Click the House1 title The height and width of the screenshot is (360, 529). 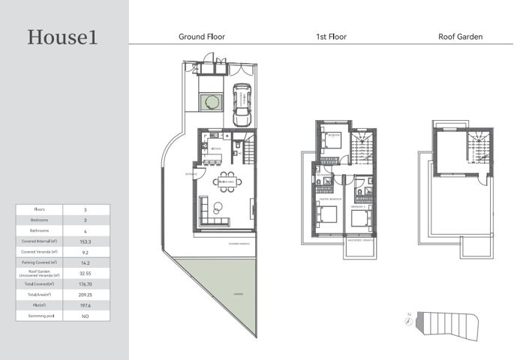(62, 37)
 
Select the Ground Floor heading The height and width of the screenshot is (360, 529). (201, 36)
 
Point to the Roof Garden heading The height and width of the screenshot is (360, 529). (460, 36)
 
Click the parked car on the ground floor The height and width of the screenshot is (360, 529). (242, 106)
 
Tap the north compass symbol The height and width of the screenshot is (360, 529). (407, 321)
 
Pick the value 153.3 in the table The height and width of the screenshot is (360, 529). (86, 242)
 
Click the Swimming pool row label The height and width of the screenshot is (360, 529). (39, 316)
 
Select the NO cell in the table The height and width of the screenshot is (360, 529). (86, 316)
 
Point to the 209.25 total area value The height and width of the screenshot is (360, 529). (86, 295)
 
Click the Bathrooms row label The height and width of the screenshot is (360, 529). (39, 231)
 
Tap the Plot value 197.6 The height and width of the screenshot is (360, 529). (86, 306)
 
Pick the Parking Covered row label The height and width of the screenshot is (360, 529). (39, 263)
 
